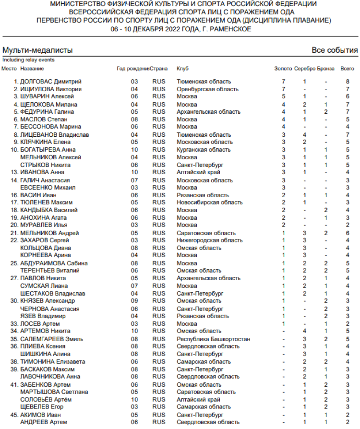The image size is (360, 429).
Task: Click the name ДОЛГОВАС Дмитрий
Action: point(51,82)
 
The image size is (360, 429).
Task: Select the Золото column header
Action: point(283,69)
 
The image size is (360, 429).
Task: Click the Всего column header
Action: point(347,69)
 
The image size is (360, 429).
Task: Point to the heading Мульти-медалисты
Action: point(37,50)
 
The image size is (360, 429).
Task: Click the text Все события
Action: point(335,50)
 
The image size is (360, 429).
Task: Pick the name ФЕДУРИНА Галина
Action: point(47,112)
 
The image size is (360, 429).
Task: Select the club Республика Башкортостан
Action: point(213,339)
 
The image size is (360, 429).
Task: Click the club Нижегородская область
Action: point(209,240)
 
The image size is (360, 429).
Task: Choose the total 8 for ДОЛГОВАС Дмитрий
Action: point(347,82)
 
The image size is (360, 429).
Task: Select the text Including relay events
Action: point(28,60)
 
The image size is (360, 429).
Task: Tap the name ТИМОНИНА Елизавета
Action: point(53,362)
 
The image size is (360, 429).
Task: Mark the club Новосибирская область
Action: point(209,203)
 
